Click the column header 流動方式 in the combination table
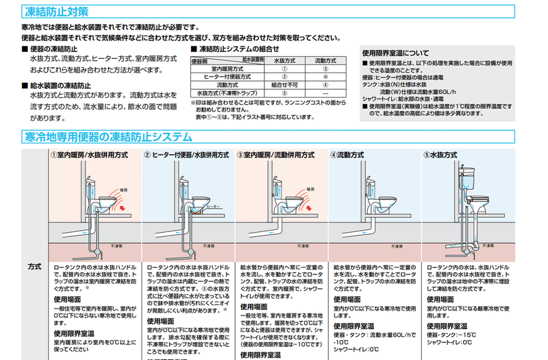pos(326,61)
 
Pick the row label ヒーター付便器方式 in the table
pos(227,77)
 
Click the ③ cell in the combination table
pos(326,69)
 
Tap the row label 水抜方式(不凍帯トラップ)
pos(227,92)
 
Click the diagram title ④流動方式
pos(353,155)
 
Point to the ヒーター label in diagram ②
pos(214,205)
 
